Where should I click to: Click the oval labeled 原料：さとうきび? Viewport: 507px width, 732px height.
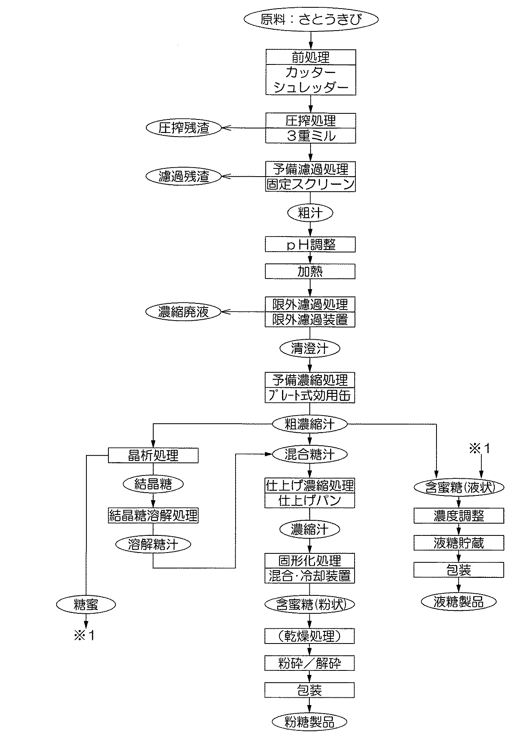tap(311, 20)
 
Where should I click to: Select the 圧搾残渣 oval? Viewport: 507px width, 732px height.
tap(184, 128)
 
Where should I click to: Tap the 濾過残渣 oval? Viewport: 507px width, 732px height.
tap(184, 177)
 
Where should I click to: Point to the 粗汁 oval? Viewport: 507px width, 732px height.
tap(311, 212)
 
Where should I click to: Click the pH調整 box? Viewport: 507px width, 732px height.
tap(310, 244)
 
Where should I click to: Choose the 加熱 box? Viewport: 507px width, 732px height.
tap(310, 271)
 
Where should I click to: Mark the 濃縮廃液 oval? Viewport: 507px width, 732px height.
tap(184, 312)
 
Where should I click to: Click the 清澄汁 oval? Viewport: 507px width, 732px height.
tap(310, 349)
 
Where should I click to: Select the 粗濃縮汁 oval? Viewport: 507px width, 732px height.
tap(310, 424)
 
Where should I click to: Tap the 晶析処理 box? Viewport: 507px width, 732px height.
tap(153, 455)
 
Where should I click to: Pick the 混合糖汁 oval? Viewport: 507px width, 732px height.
tap(310, 454)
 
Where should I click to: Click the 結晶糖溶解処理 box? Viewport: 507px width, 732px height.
tap(153, 515)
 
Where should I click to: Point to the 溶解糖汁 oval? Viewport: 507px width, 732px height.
tap(153, 544)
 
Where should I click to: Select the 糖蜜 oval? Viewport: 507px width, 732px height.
tap(86, 605)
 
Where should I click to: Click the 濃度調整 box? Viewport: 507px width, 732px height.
tap(459, 516)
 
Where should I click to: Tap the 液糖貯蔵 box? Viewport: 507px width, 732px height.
tap(459, 543)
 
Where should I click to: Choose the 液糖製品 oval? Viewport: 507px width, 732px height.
tap(459, 602)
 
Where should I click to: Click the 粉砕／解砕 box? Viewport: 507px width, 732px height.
tap(310, 663)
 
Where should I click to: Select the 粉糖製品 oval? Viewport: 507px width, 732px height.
tap(310, 722)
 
